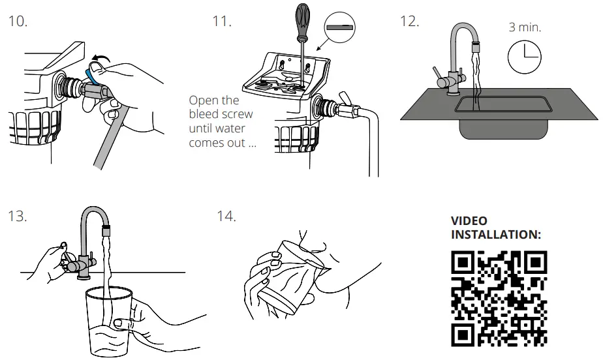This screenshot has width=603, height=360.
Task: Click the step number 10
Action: coord(18,21)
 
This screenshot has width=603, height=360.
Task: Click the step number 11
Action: coord(222,21)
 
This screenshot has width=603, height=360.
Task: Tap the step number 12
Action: coord(409,21)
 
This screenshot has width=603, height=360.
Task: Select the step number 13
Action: coord(18,216)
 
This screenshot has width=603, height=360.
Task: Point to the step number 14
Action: coord(226,216)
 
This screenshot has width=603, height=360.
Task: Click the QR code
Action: coord(499,299)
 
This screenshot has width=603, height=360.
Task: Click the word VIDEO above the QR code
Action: coord(469,221)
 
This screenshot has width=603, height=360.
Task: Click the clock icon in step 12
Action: coord(524,57)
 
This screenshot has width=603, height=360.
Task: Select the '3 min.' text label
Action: coord(525,27)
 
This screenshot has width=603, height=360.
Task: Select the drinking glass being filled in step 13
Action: coord(108,320)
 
